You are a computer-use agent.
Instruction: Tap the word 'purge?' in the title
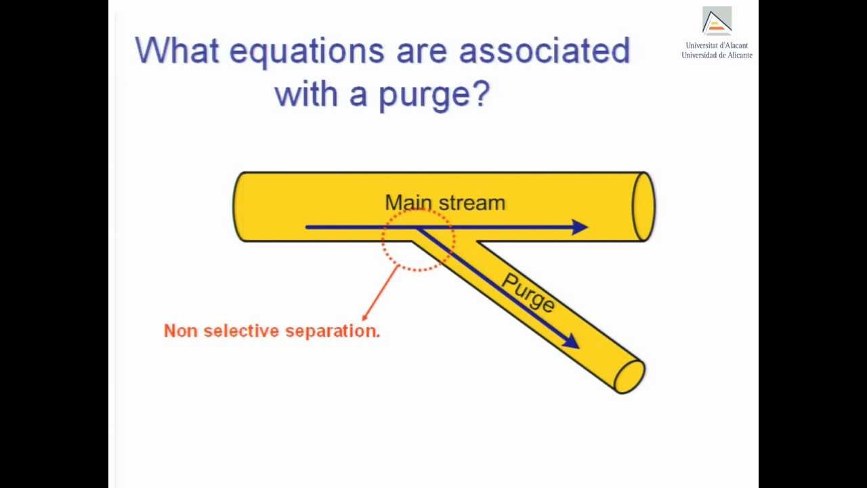[x=433, y=95]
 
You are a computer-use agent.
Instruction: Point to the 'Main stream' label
[x=445, y=203]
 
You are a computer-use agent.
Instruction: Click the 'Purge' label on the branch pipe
[x=528, y=293]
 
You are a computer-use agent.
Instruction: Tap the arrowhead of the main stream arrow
[x=579, y=227]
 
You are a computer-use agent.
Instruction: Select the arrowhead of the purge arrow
[x=571, y=342]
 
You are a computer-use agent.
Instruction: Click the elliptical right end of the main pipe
[x=643, y=207]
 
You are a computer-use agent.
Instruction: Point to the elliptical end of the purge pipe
[x=630, y=376]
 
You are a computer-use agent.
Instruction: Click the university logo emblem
[x=717, y=21]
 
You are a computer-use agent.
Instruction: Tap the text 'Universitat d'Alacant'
[x=717, y=45]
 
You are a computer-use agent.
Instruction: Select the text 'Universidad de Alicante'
[x=717, y=55]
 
